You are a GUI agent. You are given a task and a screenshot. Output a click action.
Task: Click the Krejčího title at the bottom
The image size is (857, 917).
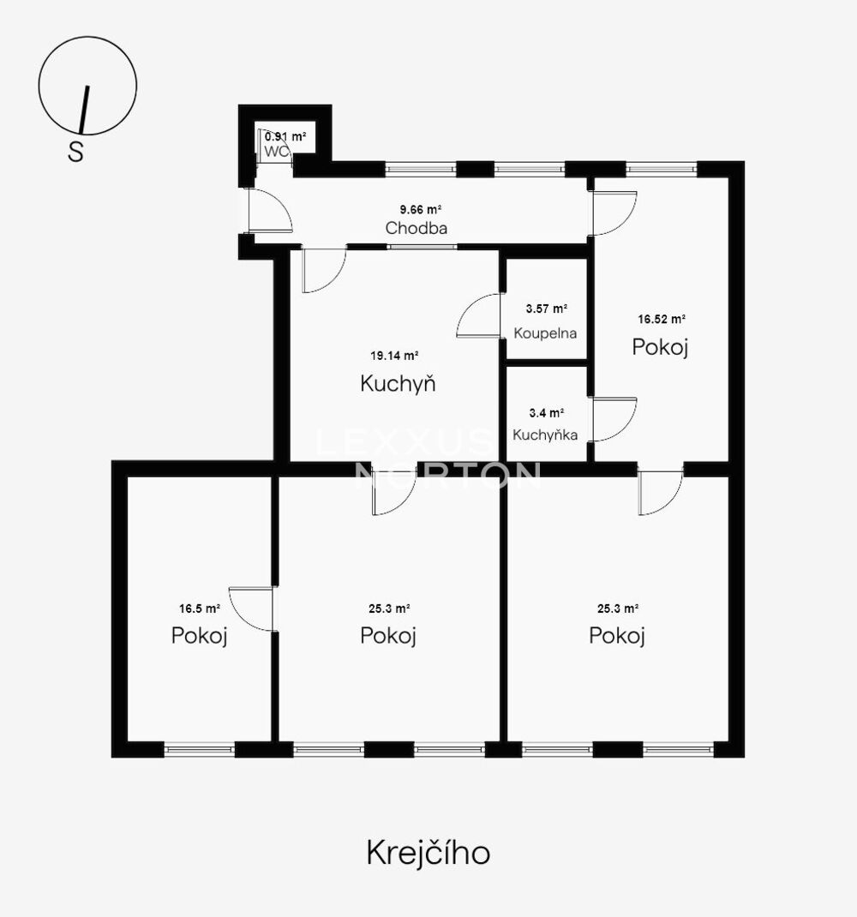click(428, 853)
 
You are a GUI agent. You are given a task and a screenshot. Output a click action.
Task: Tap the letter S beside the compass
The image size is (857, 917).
click(76, 152)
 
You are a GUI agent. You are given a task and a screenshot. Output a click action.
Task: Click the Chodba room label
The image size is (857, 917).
click(417, 228)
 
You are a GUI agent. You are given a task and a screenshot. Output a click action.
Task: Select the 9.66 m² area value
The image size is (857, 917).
click(420, 209)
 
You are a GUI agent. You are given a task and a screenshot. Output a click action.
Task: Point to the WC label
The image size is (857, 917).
click(277, 152)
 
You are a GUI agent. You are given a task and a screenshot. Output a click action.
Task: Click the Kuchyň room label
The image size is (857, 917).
click(398, 384)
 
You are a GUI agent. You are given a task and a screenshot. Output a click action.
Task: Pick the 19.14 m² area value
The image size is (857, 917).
click(394, 356)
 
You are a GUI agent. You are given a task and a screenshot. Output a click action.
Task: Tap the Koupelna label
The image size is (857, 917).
click(545, 333)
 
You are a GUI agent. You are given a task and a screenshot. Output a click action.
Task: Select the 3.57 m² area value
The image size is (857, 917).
click(547, 309)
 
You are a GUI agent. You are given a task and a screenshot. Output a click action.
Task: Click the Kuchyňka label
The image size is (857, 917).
click(545, 435)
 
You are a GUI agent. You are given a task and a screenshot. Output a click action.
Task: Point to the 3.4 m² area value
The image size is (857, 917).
click(547, 413)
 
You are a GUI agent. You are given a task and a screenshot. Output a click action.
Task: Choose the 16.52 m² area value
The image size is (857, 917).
click(662, 320)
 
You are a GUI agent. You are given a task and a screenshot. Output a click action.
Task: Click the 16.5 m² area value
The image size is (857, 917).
click(200, 608)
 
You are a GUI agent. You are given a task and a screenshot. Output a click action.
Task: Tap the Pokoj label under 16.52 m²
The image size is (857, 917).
click(660, 347)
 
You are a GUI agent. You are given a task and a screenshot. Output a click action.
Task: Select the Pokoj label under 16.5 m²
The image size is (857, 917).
click(199, 635)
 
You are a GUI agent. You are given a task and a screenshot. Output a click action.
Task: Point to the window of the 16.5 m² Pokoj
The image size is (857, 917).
click(200, 749)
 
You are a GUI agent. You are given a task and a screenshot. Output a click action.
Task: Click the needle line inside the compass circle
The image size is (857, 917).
click(84, 110)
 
